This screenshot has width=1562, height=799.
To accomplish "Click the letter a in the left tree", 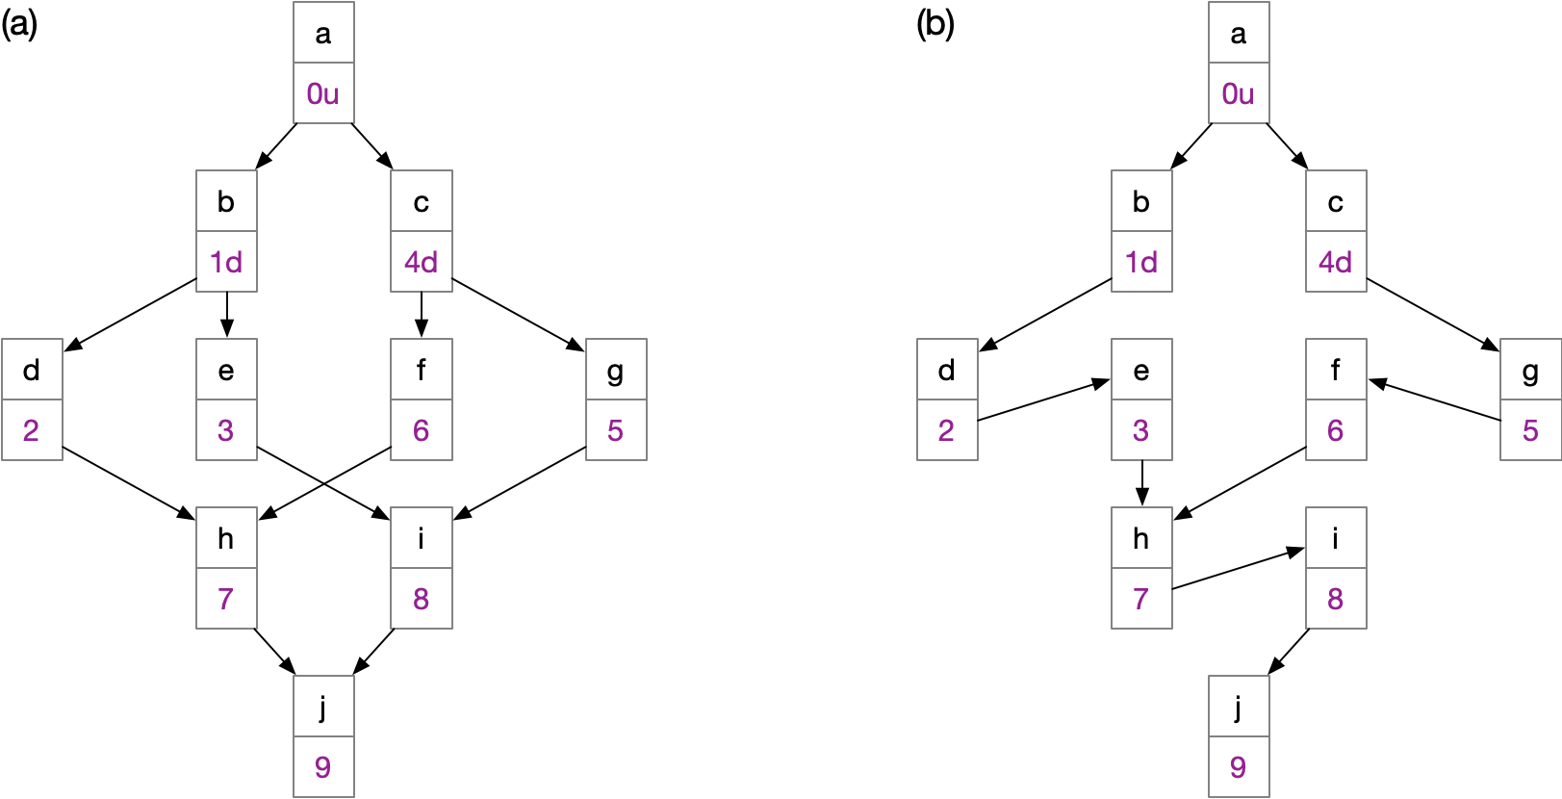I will coord(323,34).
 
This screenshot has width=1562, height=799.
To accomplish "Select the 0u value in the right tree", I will coord(1239,94).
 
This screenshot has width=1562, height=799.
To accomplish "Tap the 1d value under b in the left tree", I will coord(226,262).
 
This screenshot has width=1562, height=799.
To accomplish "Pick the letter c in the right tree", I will coord(1336,202).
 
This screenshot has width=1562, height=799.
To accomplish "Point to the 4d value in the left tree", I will coord(422,262).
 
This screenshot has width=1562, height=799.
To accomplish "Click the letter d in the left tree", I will coord(32,371).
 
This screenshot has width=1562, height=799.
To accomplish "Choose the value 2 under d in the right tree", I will coord(947,430).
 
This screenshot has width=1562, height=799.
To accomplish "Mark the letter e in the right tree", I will coord(1141,371).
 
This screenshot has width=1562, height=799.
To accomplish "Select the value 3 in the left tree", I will coord(226,430).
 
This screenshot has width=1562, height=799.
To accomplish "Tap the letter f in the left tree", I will coord(422,371).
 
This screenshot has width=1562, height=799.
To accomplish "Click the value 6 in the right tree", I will coord(1336,430).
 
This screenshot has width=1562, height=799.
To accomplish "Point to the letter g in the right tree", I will coord(1530,371).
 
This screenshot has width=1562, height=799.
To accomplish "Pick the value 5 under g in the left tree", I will coord(616,430).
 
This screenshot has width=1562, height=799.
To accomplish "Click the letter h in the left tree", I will coord(226,539).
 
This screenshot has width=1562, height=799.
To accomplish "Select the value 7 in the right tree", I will coord(1141,599).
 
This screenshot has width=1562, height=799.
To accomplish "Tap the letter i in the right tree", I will coord(1336,539).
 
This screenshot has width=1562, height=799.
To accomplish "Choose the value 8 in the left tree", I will coord(422,599).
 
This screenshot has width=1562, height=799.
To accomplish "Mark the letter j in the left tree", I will coord(323,708).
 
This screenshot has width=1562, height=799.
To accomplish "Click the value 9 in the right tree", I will coord(1239,767).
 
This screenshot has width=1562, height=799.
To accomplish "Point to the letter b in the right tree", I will coord(1141,202).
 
